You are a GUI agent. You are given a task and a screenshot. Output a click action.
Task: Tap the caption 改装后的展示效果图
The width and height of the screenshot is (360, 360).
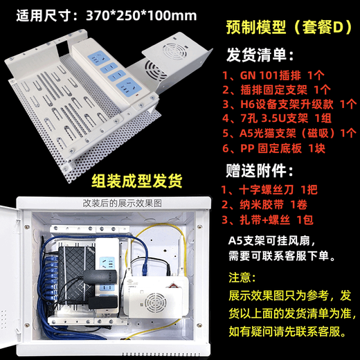pyautogui.click(x=123, y=203)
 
